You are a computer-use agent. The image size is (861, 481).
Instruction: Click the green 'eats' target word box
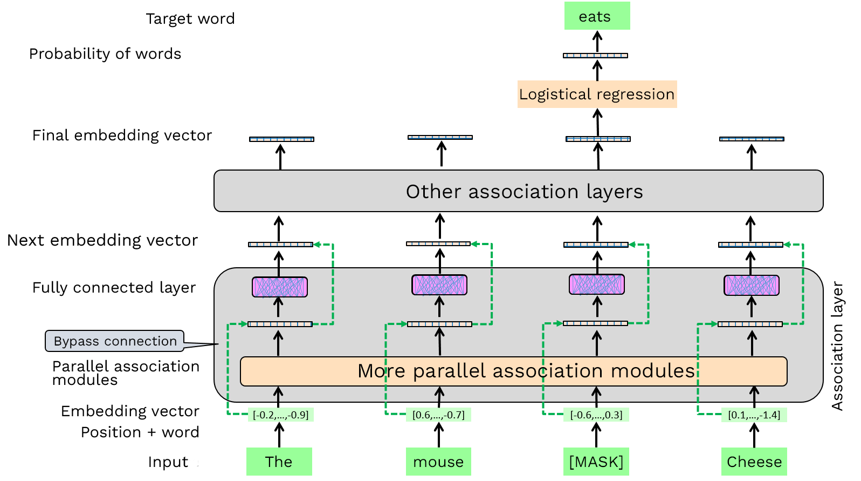point(597,16)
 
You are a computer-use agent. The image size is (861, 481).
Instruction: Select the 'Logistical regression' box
point(597,94)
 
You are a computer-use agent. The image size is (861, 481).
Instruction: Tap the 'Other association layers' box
point(518,191)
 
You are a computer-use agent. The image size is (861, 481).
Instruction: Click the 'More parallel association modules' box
point(513,371)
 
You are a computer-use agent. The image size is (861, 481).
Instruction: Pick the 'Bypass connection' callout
point(115,341)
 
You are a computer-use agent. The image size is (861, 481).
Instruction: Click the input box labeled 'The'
point(279,462)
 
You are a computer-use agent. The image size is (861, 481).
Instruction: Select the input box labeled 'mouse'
point(438,462)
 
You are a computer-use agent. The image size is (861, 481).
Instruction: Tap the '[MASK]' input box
point(596,462)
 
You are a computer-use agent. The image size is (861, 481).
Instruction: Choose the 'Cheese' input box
point(754,462)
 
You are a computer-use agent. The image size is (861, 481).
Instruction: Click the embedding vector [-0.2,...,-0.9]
point(280,415)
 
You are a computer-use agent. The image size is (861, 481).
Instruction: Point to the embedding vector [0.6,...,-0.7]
point(438,415)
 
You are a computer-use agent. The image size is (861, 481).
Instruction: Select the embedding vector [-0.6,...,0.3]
point(596,415)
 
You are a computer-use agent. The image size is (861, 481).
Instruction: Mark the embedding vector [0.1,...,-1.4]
point(754,415)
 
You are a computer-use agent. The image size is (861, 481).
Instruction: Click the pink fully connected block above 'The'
point(279,287)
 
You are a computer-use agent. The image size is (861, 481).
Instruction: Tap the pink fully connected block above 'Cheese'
point(751,285)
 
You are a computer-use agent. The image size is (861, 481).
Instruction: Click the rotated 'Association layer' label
point(837,345)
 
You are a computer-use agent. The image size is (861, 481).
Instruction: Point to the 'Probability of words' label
point(105,53)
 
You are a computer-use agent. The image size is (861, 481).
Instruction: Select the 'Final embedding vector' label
point(122,135)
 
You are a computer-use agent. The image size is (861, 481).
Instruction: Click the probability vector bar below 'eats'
point(595,55)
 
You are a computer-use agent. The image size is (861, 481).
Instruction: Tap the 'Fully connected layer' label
point(114,287)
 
